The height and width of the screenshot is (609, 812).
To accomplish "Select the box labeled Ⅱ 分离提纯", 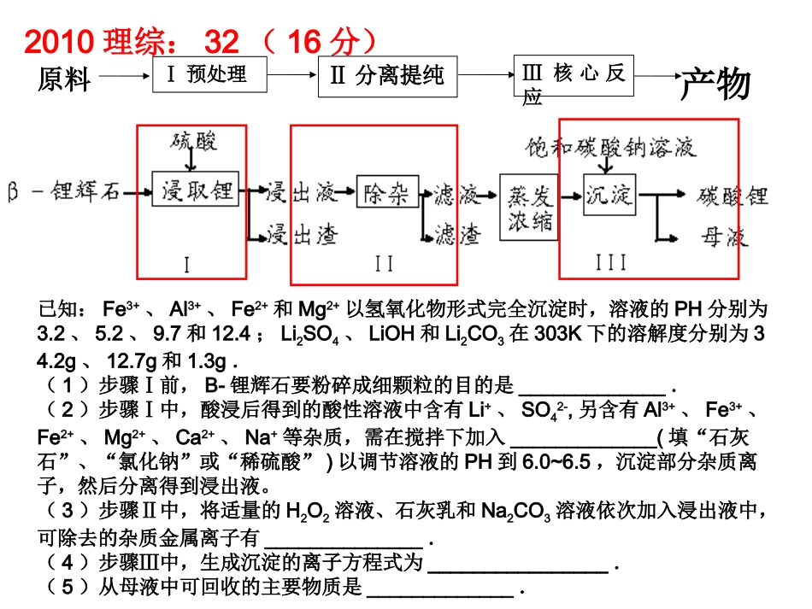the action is (387, 75).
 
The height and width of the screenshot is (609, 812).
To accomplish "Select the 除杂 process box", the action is (386, 191).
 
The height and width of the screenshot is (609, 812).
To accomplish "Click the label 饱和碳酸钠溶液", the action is (610, 147).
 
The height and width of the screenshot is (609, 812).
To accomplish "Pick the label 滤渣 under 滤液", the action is (458, 236).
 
